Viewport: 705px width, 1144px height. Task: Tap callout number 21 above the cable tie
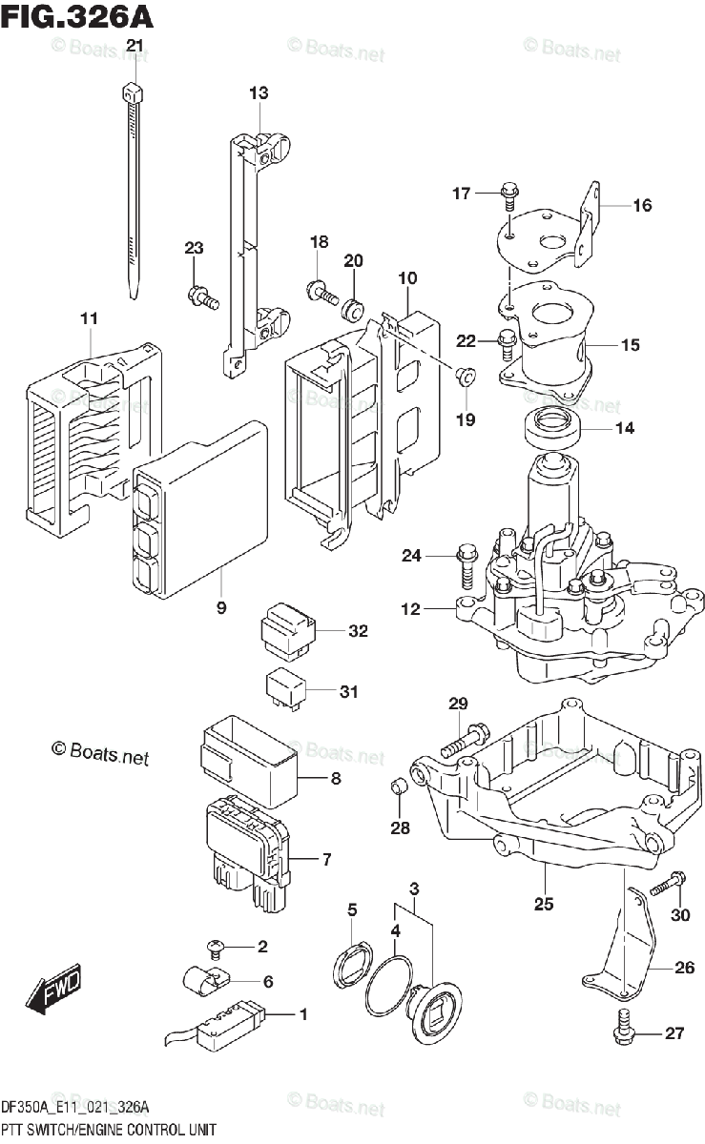point(135,46)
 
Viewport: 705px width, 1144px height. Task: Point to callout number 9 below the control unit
point(221,607)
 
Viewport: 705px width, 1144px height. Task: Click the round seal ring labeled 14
point(553,428)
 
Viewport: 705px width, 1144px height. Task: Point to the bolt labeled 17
point(506,196)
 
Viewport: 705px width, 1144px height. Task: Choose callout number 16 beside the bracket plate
point(641,205)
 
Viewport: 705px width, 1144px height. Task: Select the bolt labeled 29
point(465,740)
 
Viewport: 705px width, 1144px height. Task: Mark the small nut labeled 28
point(401,786)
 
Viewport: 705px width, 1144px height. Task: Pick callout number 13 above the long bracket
point(259,93)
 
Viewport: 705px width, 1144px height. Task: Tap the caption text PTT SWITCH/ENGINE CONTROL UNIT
point(109,1130)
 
